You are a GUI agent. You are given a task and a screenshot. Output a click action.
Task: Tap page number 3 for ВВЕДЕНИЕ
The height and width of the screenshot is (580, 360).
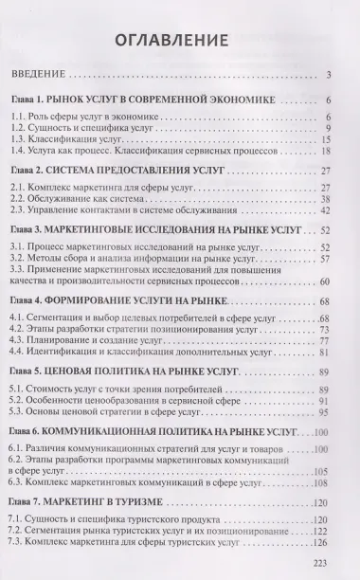click(325, 77)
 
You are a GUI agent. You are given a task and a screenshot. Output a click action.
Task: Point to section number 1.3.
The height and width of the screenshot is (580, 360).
click(31, 139)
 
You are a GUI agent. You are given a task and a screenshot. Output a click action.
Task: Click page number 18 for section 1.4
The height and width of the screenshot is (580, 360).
click(322, 152)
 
